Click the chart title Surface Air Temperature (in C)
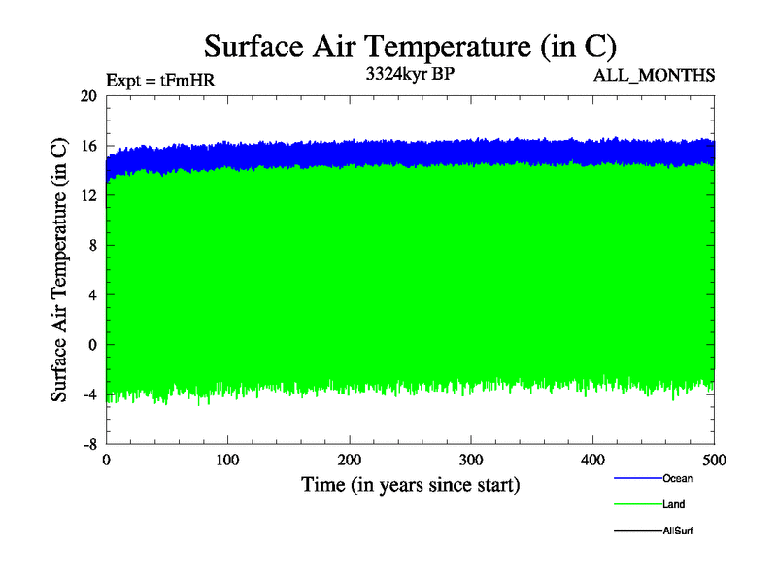(410, 46)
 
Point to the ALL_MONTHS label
(655, 75)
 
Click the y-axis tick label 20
(88, 96)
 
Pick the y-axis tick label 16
(88, 146)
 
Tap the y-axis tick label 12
(88, 195)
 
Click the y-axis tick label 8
(92, 245)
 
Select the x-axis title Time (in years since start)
(410, 484)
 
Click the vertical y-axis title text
(59, 270)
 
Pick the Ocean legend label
(677, 478)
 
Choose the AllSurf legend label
(678, 531)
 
